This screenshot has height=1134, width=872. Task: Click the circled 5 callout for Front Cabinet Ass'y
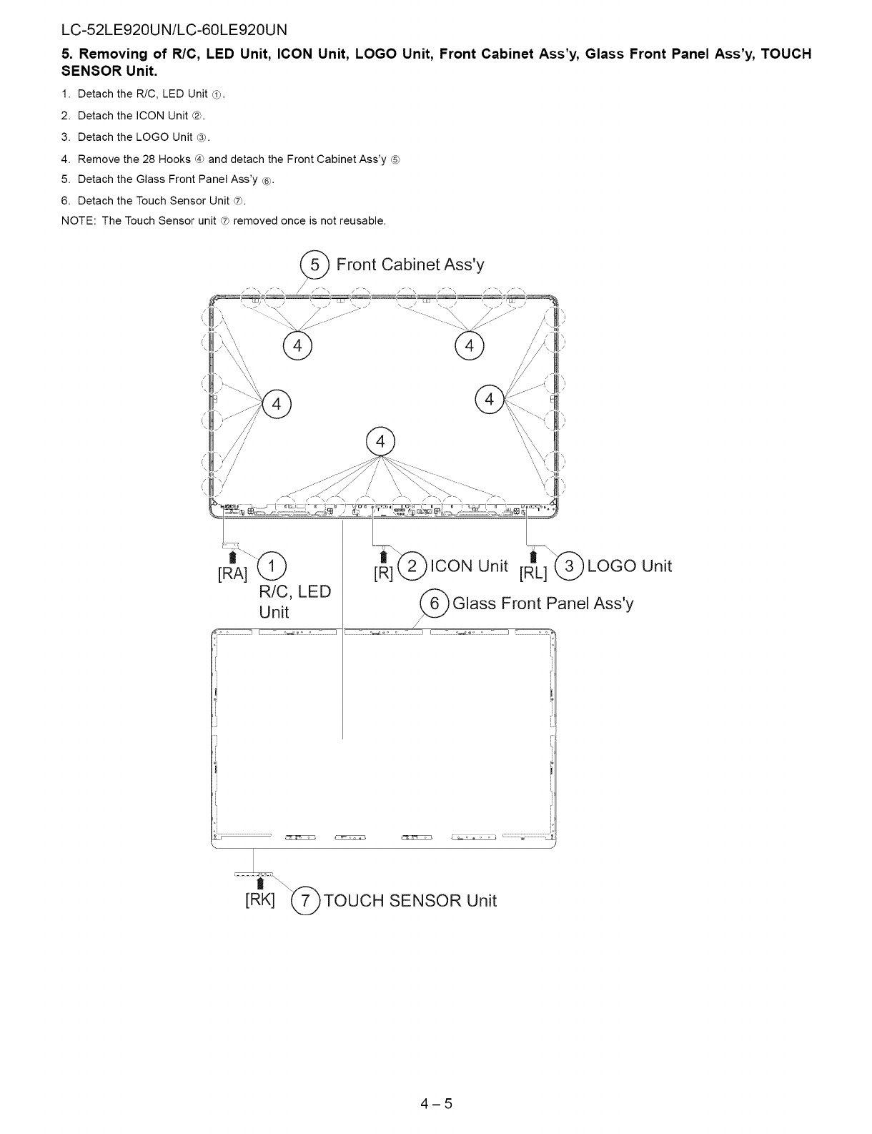[313, 265]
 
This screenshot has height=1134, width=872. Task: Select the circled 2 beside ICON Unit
[411, 566]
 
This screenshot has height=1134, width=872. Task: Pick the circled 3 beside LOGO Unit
[569, 566]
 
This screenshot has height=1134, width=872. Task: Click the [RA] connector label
[232, 573]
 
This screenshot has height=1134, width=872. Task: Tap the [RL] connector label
[533, 573]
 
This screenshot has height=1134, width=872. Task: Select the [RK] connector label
[259, 899]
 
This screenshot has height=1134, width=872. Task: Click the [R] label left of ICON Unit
[384, 573]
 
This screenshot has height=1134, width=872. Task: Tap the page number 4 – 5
[437, 1103]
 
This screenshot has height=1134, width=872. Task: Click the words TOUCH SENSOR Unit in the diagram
[410, 900]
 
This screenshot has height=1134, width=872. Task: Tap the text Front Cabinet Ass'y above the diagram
[410, 265]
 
